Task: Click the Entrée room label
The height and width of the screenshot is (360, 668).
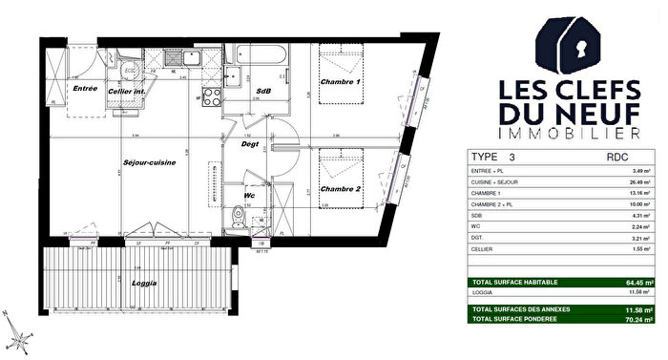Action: (86, 88)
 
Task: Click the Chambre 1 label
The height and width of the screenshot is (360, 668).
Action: (341, 83)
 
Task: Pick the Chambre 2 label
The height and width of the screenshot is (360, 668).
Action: (341, 190)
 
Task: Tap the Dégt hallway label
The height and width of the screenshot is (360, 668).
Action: (250, 145)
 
